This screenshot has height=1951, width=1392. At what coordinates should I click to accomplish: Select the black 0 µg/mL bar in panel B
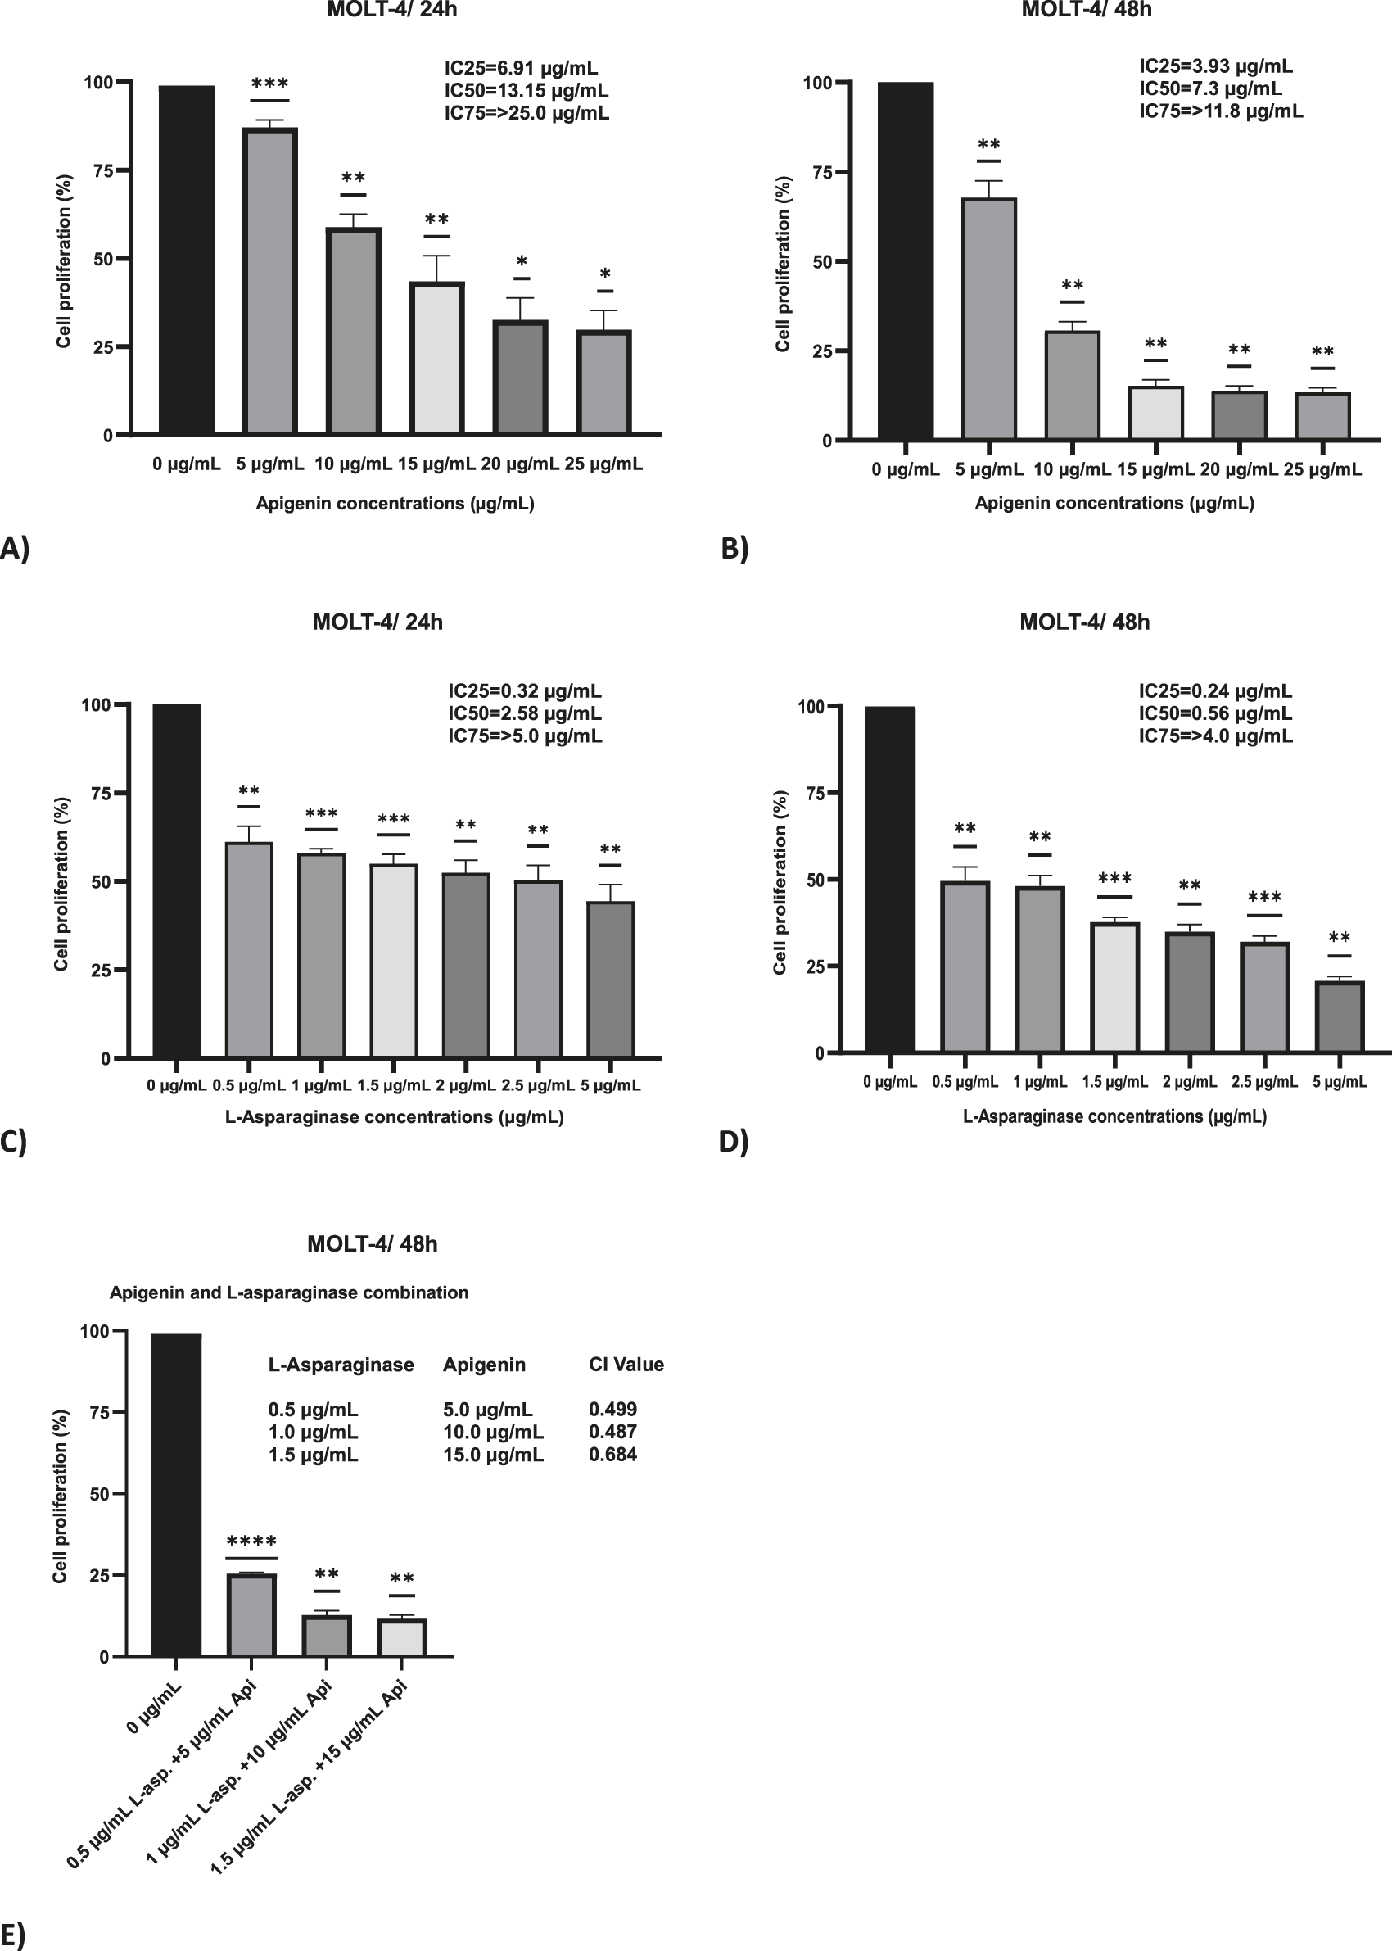coord(905,261)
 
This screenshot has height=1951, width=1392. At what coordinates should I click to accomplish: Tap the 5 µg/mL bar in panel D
coord(1339,1016)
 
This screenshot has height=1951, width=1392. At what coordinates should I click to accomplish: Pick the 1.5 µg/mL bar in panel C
coord(393,960)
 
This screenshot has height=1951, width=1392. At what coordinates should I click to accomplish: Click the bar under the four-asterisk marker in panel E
coord(251,1615)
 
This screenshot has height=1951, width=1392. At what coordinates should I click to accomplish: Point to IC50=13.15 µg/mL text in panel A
coord(527,91)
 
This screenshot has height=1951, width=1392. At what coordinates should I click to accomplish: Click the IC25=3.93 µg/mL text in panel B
coord(1215,66)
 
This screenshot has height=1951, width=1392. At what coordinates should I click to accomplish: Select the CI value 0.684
coord(612,1455)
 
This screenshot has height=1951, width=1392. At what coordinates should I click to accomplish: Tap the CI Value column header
coord(626,1365)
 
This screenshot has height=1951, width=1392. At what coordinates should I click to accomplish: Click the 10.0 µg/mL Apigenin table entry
coord(493,1433)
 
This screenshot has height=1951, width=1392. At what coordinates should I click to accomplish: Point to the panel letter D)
coord(734,1142)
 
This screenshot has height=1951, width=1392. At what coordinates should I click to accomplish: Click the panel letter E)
coord(14,1935)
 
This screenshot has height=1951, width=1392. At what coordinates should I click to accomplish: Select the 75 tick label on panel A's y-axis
coord(104,170)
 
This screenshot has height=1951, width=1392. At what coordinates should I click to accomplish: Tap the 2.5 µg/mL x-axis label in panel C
coord(537,1085)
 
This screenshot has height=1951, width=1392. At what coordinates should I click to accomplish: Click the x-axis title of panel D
coord(1114,1116)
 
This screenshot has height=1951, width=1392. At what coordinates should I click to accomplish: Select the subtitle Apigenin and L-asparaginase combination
coord(289,1292)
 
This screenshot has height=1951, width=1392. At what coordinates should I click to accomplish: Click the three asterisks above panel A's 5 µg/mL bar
coord(270,84)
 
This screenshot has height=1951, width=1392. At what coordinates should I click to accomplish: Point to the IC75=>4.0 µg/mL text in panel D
coord(1214,736)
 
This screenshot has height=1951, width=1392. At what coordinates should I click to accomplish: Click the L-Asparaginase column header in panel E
coord(341,1365)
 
